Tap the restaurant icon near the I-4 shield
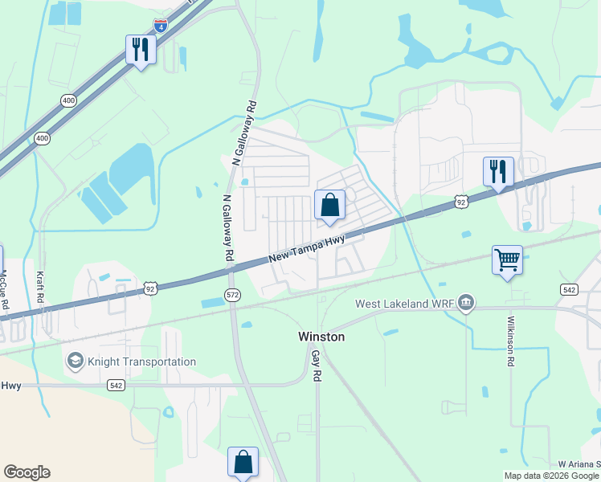pyautogui.click(x=141, y=49)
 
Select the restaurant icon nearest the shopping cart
pyautogui.click(x=498, y=171)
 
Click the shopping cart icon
pyautogui.click(x=507, y=259)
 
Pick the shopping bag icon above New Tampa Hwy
pyautogui.click(x=329, y=205)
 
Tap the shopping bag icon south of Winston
pyautogui.click(x=243, y=462)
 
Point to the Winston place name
pyautogui.click(x=321, y=337)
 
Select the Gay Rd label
pyautogui.click(x=317, y=365)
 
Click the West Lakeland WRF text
pyautogui.click(x=407, y=304)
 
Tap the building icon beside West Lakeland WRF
pyautogui.click(x=467, y=304)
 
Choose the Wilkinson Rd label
pyautogui.click(x=509, y=341)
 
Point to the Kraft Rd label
pyautogui.click(x=40, y=288)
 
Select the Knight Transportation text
pyautogui.click(x=143, y=361)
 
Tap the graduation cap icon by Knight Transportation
pyautogui.click(x=76, y=361)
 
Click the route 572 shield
pyautogui.click(x=231, y=294)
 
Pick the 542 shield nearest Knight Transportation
pyautogui.click(x=116, y=386)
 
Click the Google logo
pyautogui.click(x=27, y=472)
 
